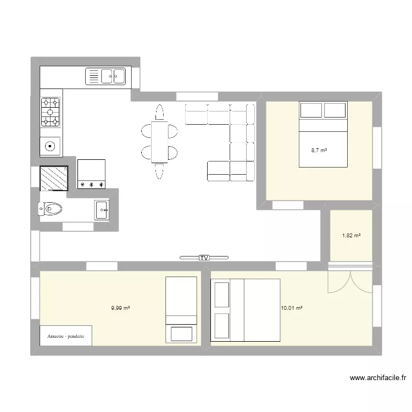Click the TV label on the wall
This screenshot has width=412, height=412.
pyautogui.click(x=204, y=258)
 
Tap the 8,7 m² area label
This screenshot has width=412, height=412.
pyautogui.click(x=319, y=151)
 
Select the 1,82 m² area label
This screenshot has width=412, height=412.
pyautogui.click(x=352, y=236)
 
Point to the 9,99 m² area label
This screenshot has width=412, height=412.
pyautogui.click(x=121, y=308)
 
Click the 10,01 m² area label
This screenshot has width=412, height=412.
pyautogui.click(x=292, y=308)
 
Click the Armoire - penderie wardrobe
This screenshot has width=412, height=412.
pyautogui.click(x=66, y=336)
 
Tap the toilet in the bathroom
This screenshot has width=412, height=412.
pyautogui.click(x=50, y=209)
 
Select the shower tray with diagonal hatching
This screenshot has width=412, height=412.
pyautogui.click(x=54, y=178)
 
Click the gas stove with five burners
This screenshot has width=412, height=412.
pyautogui.click(x=50, y=112)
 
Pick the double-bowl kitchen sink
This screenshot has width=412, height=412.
pyautogui.click(x=105, y=76)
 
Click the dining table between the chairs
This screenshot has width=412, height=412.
pyautogui.click(x=159, y=142)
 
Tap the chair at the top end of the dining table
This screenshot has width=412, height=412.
pyautogui.click(x=159, y=113)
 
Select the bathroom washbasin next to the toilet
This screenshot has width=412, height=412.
pyautogui.click(x=102, y=210)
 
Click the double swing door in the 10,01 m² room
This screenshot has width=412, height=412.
pyautogui.click(x=350, y=282)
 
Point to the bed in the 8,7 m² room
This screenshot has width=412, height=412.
pyautogui.click(x=323, y=134)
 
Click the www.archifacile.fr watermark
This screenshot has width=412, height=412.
pyautogui.click(x=378, y=378)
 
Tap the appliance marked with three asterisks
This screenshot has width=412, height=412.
pyautogui.click(x=91, y=174)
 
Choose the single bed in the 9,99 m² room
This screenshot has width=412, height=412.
pyautogui.click(x=181, y=310)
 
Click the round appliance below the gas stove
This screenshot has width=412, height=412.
pyautogui.click(x=50, y=146)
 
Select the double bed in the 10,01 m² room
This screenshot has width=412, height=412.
pyautogui.click(x=246, y=310)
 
